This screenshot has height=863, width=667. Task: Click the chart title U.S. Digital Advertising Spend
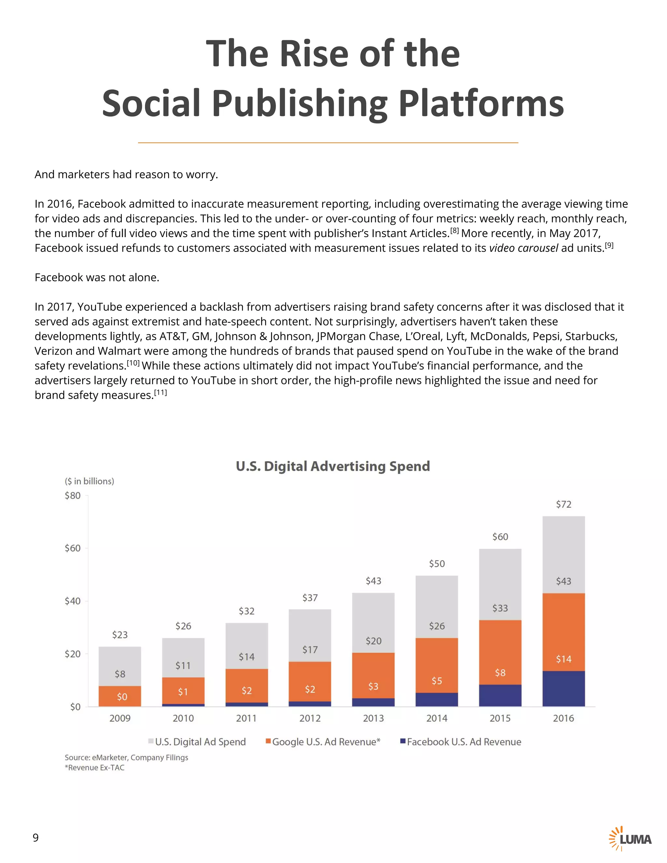[x=333, y=466]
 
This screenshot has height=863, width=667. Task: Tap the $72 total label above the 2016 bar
[x=563, y=504]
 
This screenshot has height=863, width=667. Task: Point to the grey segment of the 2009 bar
[x=120, y=666]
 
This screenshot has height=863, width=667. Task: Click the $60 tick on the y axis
[x=73, y=548]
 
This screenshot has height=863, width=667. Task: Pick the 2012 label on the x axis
[x=310, y=718]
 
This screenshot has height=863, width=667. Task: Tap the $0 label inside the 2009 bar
[x=122, y=697]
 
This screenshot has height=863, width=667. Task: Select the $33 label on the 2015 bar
[x=500, y=608]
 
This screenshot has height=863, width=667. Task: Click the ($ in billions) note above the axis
[x=89, y=481]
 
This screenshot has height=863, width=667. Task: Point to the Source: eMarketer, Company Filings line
[x=126, y=757]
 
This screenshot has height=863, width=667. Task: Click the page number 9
[x=35, y=837]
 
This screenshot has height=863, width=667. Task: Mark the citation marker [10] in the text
[x=133, y=363]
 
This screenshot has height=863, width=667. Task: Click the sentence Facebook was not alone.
[x=97, y=277]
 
